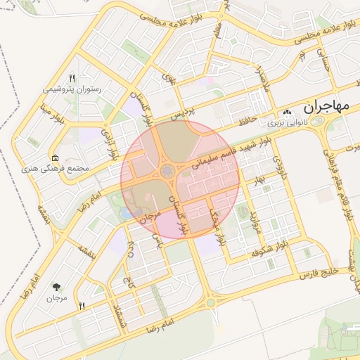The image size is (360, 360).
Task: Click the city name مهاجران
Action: pos(326,108)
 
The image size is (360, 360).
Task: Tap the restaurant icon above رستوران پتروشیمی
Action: pos(72,78)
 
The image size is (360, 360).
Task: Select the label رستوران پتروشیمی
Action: pos(72,89)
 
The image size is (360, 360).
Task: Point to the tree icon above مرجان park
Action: pos(56,287)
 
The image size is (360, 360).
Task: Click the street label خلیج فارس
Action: pos(320,271)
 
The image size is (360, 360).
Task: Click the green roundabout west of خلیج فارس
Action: pos(210,302)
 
